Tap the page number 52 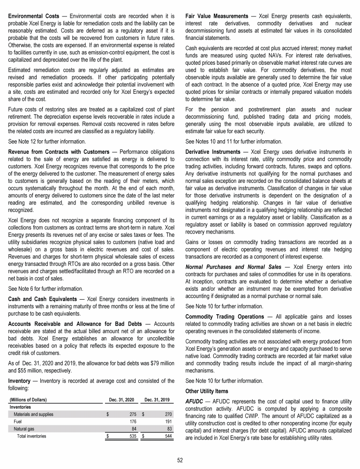(180, 459)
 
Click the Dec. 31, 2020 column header (121, 399)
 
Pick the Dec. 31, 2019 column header (158, 399)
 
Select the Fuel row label (18, 422)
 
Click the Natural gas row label (23, 429)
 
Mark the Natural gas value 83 (170, 429)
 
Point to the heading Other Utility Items (206, 390)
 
